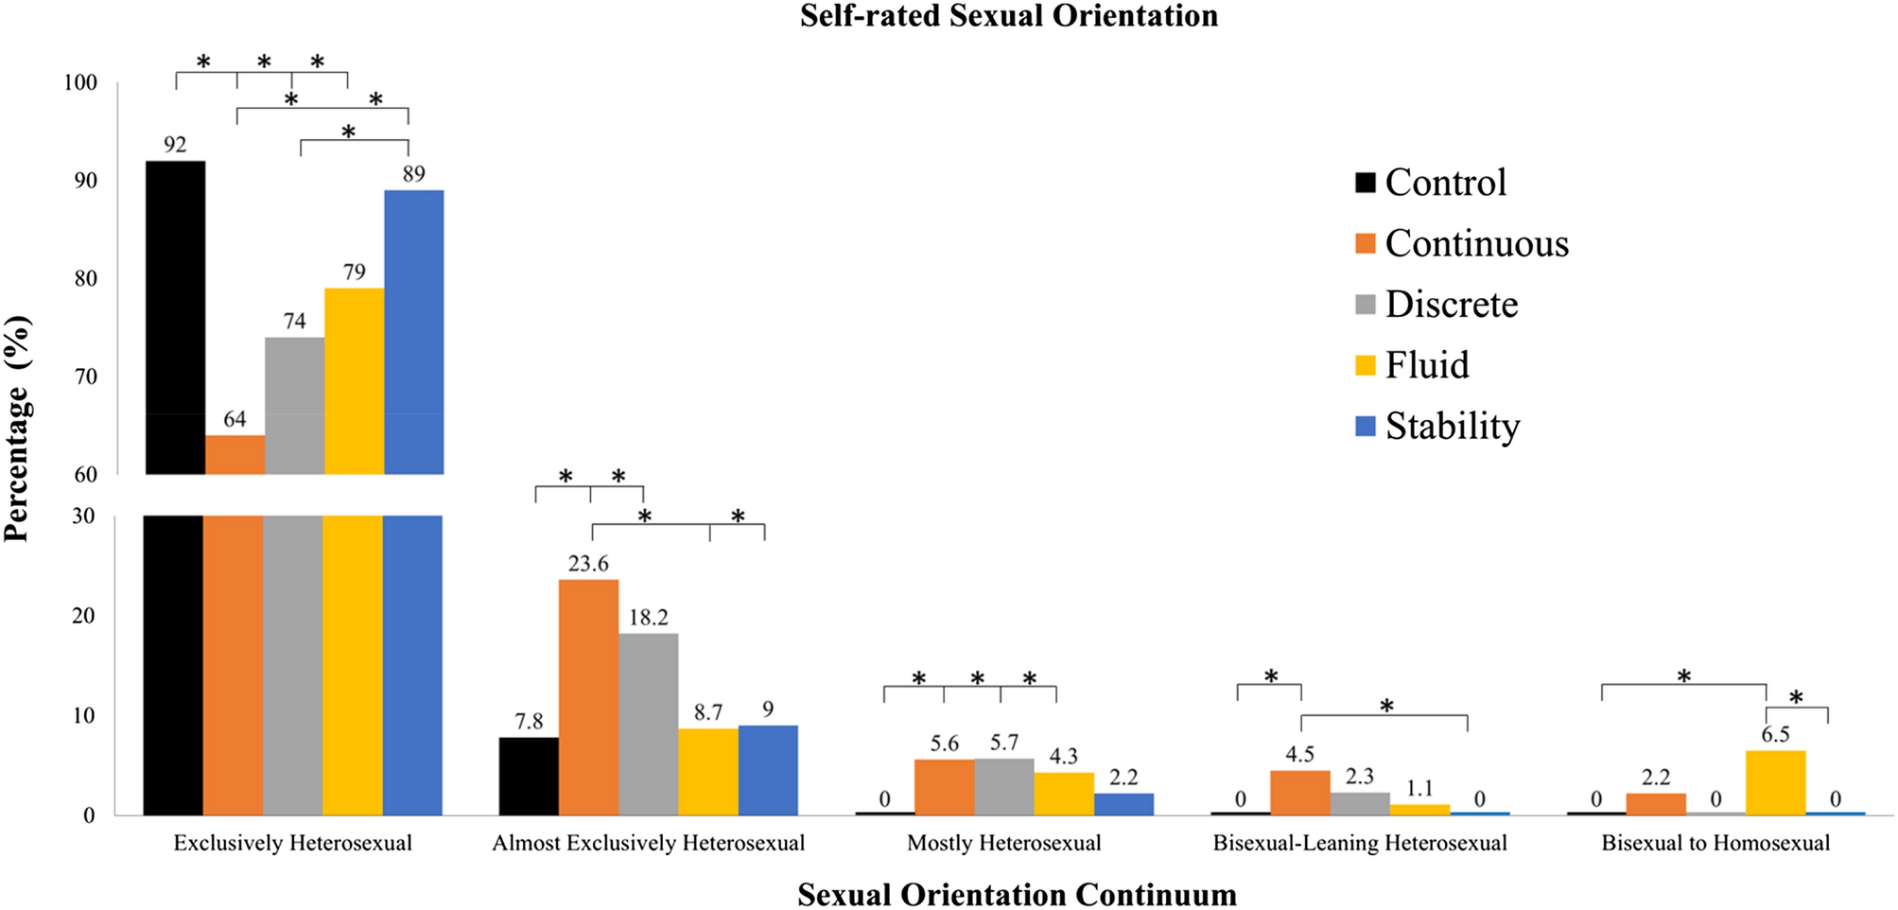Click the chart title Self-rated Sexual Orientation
click(x=1008, y=16)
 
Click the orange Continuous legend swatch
click(x=1365, y=244)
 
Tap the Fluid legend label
click(x=1427, y=365)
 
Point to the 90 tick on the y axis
click(x=85, y=181)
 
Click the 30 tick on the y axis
click(x=84, y=516)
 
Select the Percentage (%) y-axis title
click(x=17, y=428)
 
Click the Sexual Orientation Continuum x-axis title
click(x=1016, y=894)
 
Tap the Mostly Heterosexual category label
click(x=1003, y=843)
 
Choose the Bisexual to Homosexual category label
click(x=1715, y=843)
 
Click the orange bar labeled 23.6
click(x=588, y=697)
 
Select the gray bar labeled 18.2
click(x=648, y=724)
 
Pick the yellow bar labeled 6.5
click(x=1775, y=782)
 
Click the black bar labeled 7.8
click(x=529, y=776)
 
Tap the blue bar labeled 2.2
click(x=1123, y=804)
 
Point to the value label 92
click(x=175, y=145)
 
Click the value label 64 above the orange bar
click(x=235, y=419)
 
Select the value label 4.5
click(x=1299, y=755)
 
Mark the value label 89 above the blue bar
click(x=413, y=174)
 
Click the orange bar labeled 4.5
click(x=1299, y=793)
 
